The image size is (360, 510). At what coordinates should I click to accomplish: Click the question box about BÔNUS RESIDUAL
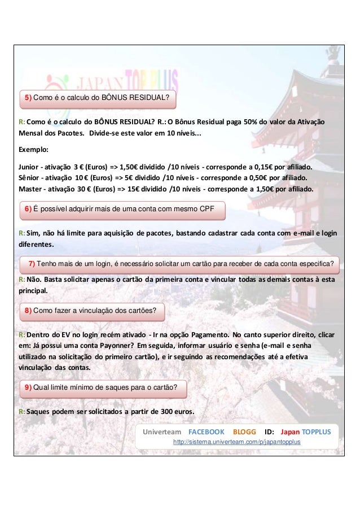(98, 98)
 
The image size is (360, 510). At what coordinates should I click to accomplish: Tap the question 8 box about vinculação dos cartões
(92, 311)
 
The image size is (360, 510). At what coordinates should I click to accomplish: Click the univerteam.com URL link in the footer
(236, 441)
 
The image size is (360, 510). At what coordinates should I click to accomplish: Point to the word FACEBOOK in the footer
(206, 431)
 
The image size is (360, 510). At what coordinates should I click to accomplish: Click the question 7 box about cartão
(181, 264)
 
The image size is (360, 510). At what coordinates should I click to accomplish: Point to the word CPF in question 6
(207, 209)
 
